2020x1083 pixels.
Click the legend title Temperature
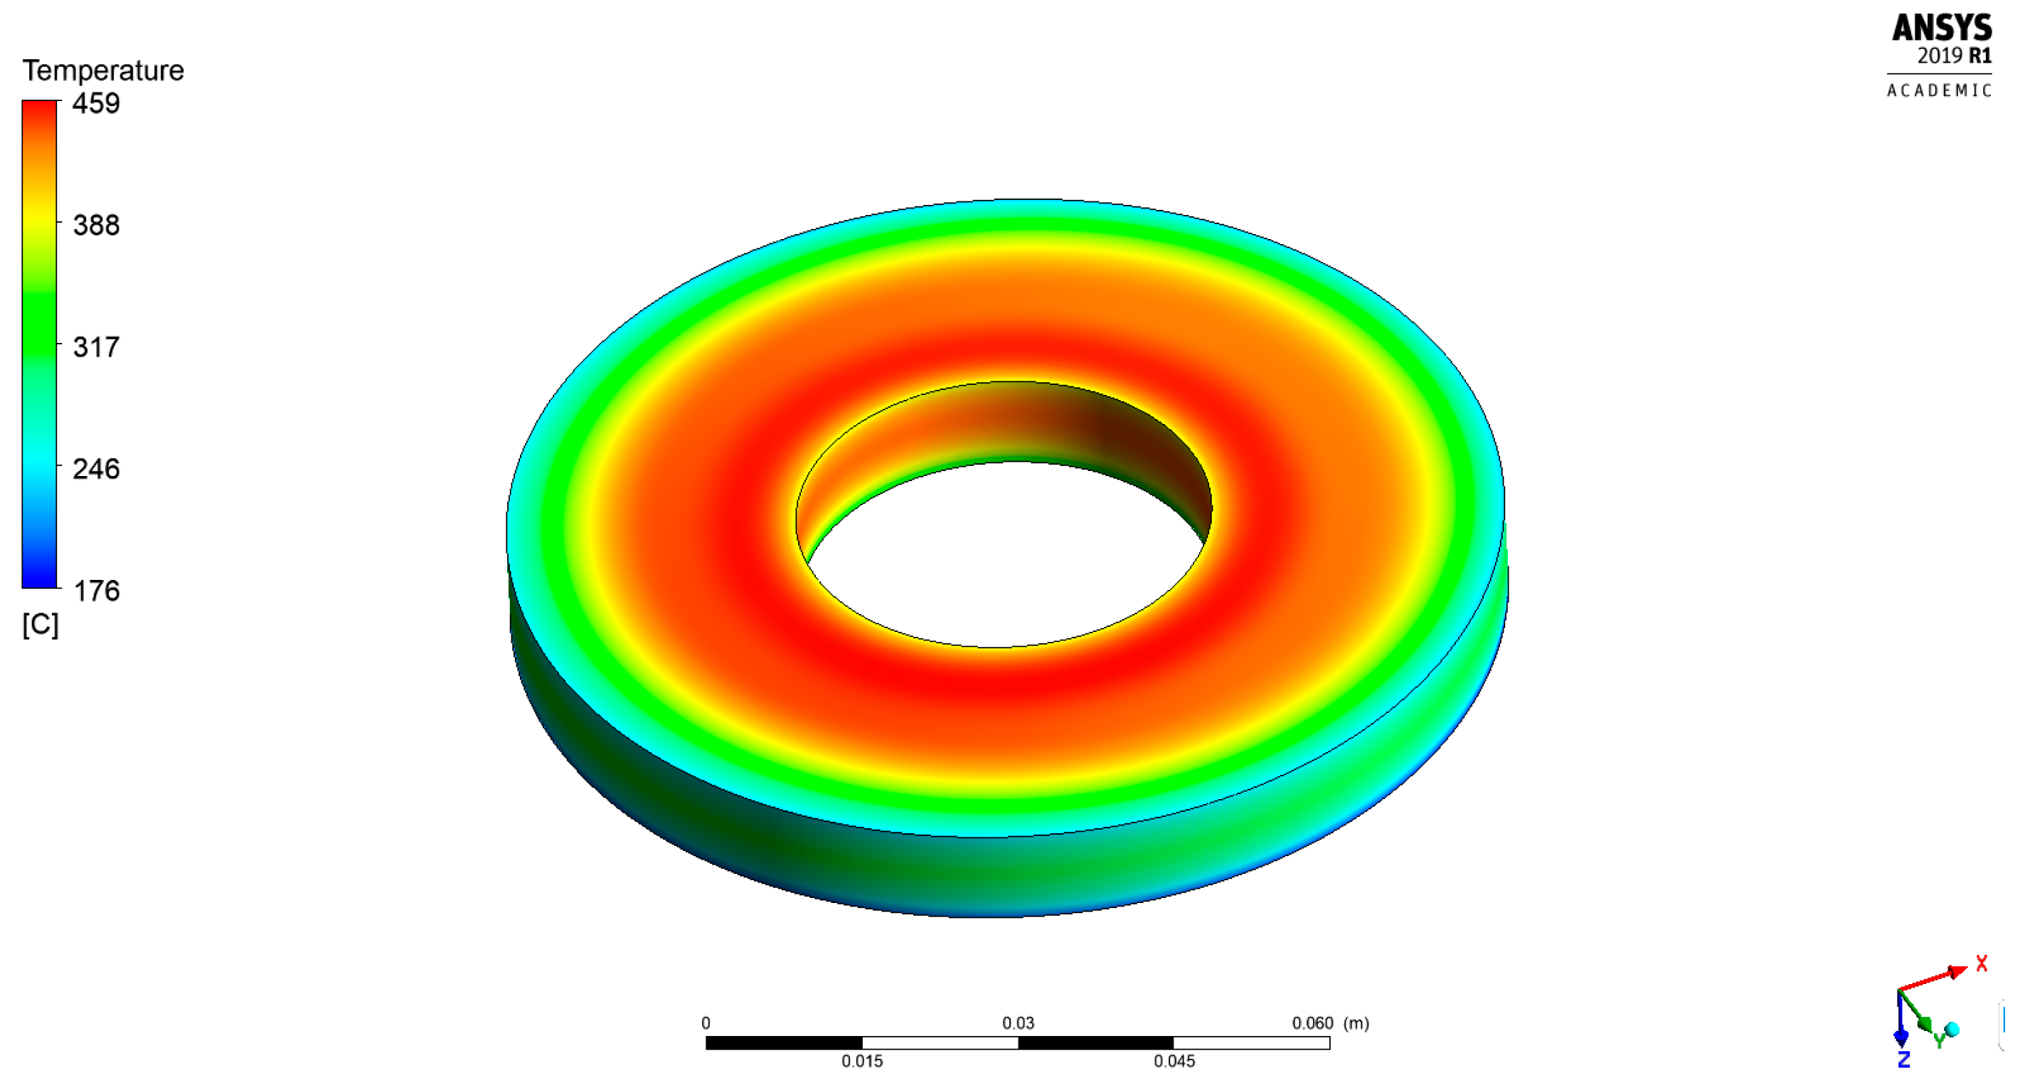pyautogui.click(x=102, y=70)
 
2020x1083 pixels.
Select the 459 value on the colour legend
pyautogui.click(x=96, y=103)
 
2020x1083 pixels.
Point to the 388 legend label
pyautogui.click(x=96, y=226)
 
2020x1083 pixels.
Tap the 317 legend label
pyautogui.click(x=96, y=347)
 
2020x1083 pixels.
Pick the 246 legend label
pyautogui.click(x=96, y=469)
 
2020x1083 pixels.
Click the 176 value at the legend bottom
pyautogui.click(x=96, y=591)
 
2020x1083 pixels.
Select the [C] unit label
pyautogui.click(x=40, y=625)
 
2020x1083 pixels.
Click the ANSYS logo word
pyautogui.click(x=1941, y=28)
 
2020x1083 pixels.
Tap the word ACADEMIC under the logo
pyautogui.click(x=1938, y=91)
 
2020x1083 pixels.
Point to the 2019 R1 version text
pyautogui.click(x=1953, y=56)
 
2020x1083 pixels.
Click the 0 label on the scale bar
pyautogui.click(x=706, y=1023)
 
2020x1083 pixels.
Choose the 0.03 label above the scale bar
pyautogui.click(x=1018, y=1023)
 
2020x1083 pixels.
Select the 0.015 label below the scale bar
pyautogui.click(x=862, y=1062)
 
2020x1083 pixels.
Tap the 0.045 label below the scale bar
pyautogui.click(x=1174, y=1062)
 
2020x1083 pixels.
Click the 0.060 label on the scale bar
pyautogui.click(x=1312, y=1023)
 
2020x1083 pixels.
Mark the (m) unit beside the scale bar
pyautogui.click(x=1356, y=1023)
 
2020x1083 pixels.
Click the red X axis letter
pyautogui.click(x=1982, y=963)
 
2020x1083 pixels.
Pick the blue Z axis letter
pyautogui.click(x=1903, y=1060)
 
